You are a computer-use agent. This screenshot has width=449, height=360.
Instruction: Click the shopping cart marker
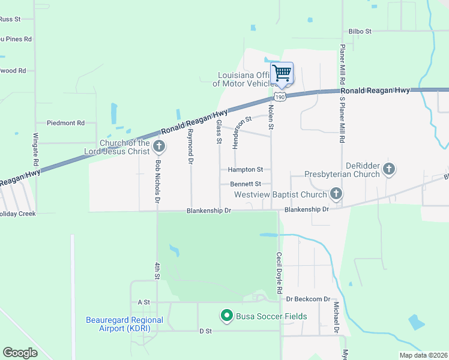tap(282, 74)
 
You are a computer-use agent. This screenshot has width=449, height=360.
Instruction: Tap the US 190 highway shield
tap(280, 96)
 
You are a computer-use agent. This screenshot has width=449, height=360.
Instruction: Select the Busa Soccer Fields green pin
tap(226, 315)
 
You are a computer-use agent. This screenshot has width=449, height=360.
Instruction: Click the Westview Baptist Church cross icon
tap(336, 194)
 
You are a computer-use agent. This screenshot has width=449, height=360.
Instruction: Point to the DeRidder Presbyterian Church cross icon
tap(389, 169)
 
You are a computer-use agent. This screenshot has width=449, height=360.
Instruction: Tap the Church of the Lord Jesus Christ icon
tap(160, 146)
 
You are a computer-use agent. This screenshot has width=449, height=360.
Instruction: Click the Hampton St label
tap(246, 170)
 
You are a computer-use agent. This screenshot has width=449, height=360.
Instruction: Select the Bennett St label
tap(246, 184)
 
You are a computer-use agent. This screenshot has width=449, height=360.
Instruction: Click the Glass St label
tap(220, 132)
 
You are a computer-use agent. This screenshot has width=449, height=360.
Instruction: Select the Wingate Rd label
tap(36, 149)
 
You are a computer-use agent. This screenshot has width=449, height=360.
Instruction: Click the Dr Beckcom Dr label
tap(309, 299)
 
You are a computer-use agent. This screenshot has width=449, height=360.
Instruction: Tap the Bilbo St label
tap(360, 31)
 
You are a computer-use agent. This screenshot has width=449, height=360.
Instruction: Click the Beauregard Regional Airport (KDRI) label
tap(124, 324)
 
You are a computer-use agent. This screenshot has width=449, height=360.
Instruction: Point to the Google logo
tap(20, 353)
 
